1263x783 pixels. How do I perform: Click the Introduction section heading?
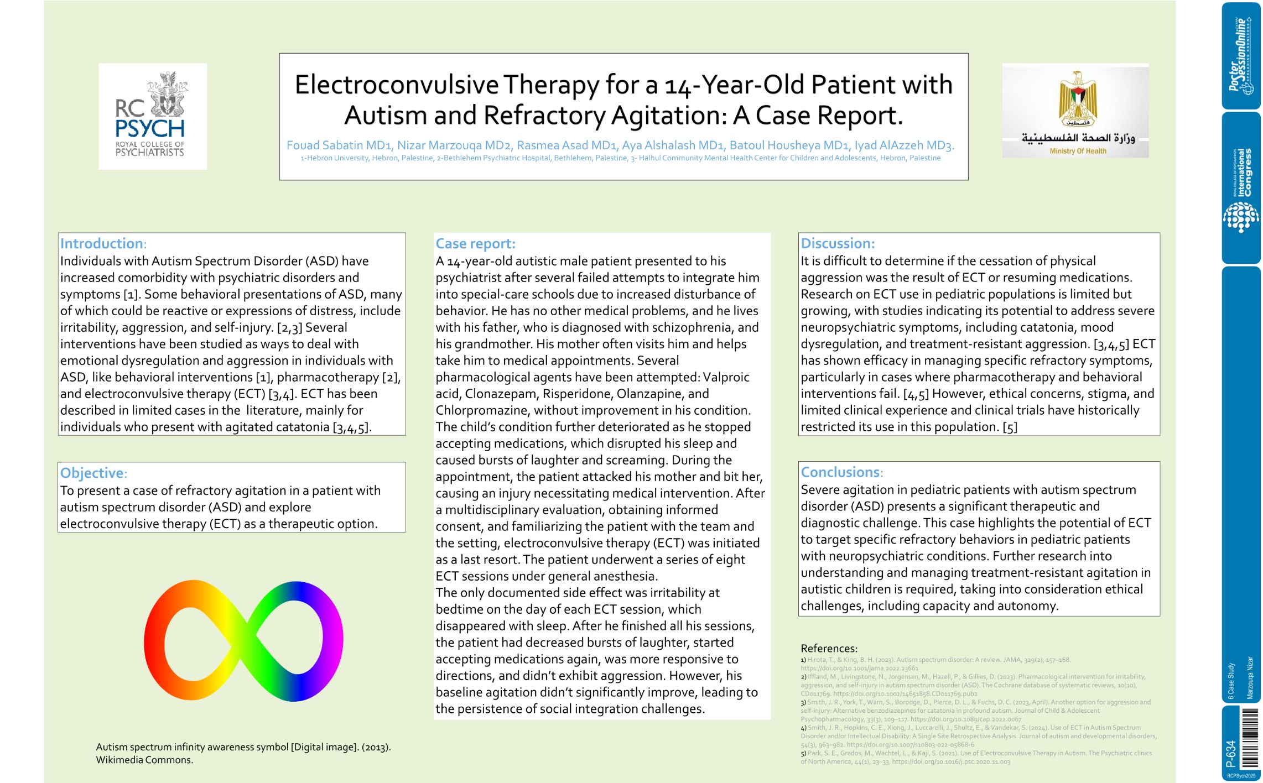coord(102,243)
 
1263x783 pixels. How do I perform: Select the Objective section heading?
coord(92,473)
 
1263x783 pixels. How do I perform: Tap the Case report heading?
coord(475,243)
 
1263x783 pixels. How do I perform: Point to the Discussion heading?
coord(837,243)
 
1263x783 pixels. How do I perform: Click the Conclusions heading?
coord(840,472)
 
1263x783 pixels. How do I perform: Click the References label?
coord(829,648)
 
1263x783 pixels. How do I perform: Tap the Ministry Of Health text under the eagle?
coord(1077,151)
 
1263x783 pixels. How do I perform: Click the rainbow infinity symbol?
coord(243,640)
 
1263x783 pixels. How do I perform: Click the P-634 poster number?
coord(1230,753)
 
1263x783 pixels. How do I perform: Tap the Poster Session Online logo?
coord(1241,55)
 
